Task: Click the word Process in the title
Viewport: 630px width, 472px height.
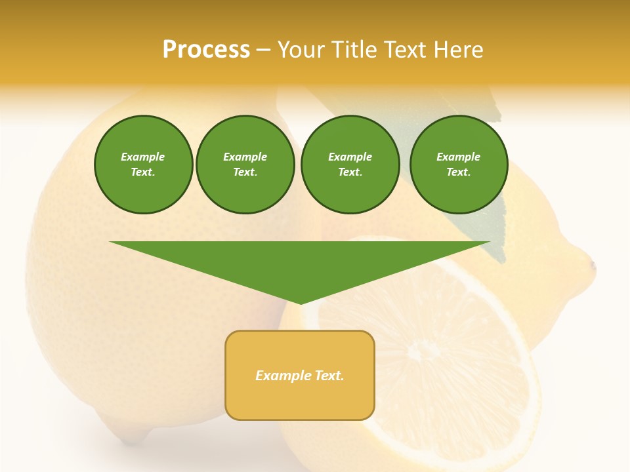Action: tap(206, 49)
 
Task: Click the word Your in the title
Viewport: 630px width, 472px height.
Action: tap(303, 50)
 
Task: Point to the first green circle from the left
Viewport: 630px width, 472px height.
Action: tap(143, 165)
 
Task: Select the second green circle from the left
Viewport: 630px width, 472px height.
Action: tap(245, 165)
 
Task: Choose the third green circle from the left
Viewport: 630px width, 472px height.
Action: tap(350, 165)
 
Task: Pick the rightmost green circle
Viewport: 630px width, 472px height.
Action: tap(459, 165)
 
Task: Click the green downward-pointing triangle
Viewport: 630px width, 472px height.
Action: tap(300, 262)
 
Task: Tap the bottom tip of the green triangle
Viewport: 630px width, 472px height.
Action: tap(301, 303)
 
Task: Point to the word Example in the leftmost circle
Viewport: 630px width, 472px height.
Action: tap(143, 157)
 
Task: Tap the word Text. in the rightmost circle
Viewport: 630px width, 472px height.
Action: tap(459, 172)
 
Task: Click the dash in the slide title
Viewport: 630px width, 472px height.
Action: tap(264, 50)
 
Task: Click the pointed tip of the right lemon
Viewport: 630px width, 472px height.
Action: tap(593, 265)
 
